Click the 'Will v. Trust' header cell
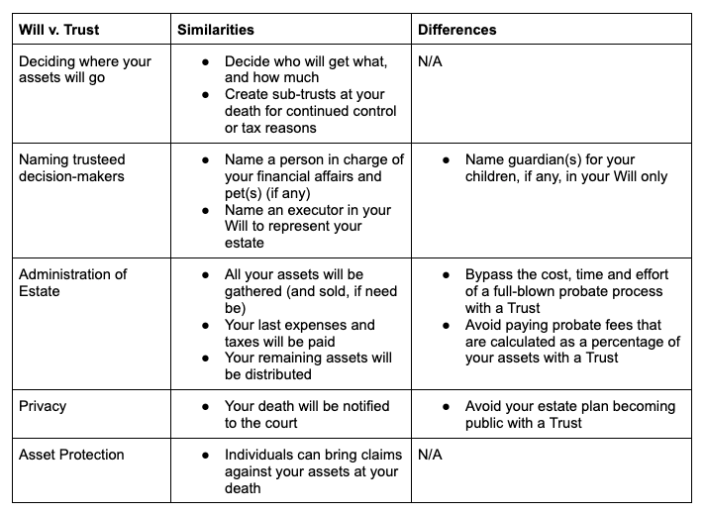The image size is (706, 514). (x=58, y=30)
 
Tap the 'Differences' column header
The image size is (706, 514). (x=456, y=30)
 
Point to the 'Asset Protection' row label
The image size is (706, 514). (x=72, y=455)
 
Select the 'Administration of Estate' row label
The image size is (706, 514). (x=73, y=281)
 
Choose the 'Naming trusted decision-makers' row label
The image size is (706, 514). (x=73, y=167)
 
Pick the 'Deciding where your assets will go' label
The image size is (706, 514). (x=85, y=69)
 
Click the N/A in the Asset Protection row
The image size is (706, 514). (x=431, y=455)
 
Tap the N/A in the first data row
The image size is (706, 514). (x=431, y=61)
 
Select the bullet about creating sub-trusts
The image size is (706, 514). (x=297, y=110)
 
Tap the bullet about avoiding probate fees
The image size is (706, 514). (x=572, y=341)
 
